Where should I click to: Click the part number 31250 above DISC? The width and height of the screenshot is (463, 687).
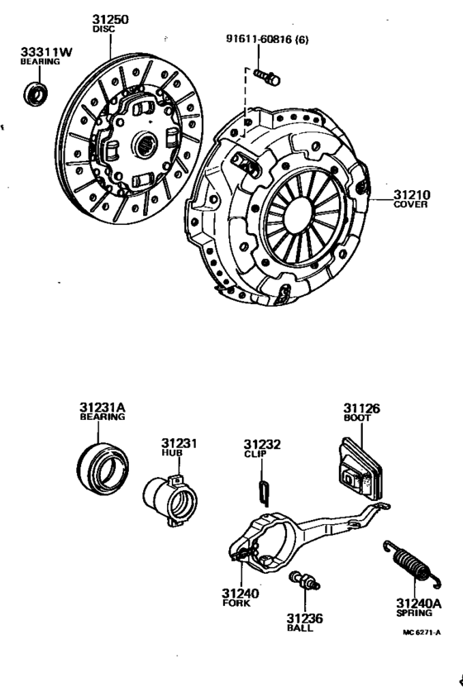point(111,19)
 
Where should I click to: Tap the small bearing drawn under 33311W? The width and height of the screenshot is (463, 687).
point(36,93)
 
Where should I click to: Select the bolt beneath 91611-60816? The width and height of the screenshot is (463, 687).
point(266,78)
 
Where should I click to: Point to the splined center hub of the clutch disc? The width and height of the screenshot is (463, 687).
point(146,145)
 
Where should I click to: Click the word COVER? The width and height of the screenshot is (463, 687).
point(410,204)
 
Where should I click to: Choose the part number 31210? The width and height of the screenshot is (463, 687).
point(412,194)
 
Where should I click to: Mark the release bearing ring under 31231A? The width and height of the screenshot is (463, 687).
point(103,470)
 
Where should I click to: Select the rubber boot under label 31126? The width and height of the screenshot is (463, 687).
point(360,469)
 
